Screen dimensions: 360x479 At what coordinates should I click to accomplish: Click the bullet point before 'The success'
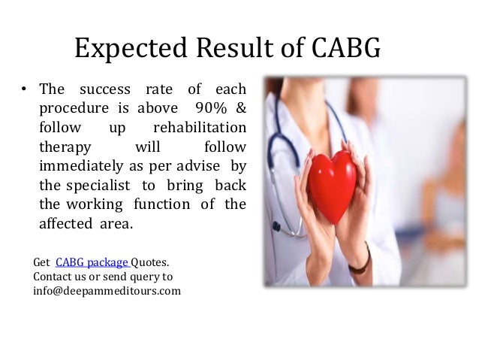24,92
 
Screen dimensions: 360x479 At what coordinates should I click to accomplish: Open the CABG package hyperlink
92,262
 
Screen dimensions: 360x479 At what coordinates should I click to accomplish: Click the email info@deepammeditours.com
107,291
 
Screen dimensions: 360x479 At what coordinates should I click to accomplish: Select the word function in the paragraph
159,204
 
